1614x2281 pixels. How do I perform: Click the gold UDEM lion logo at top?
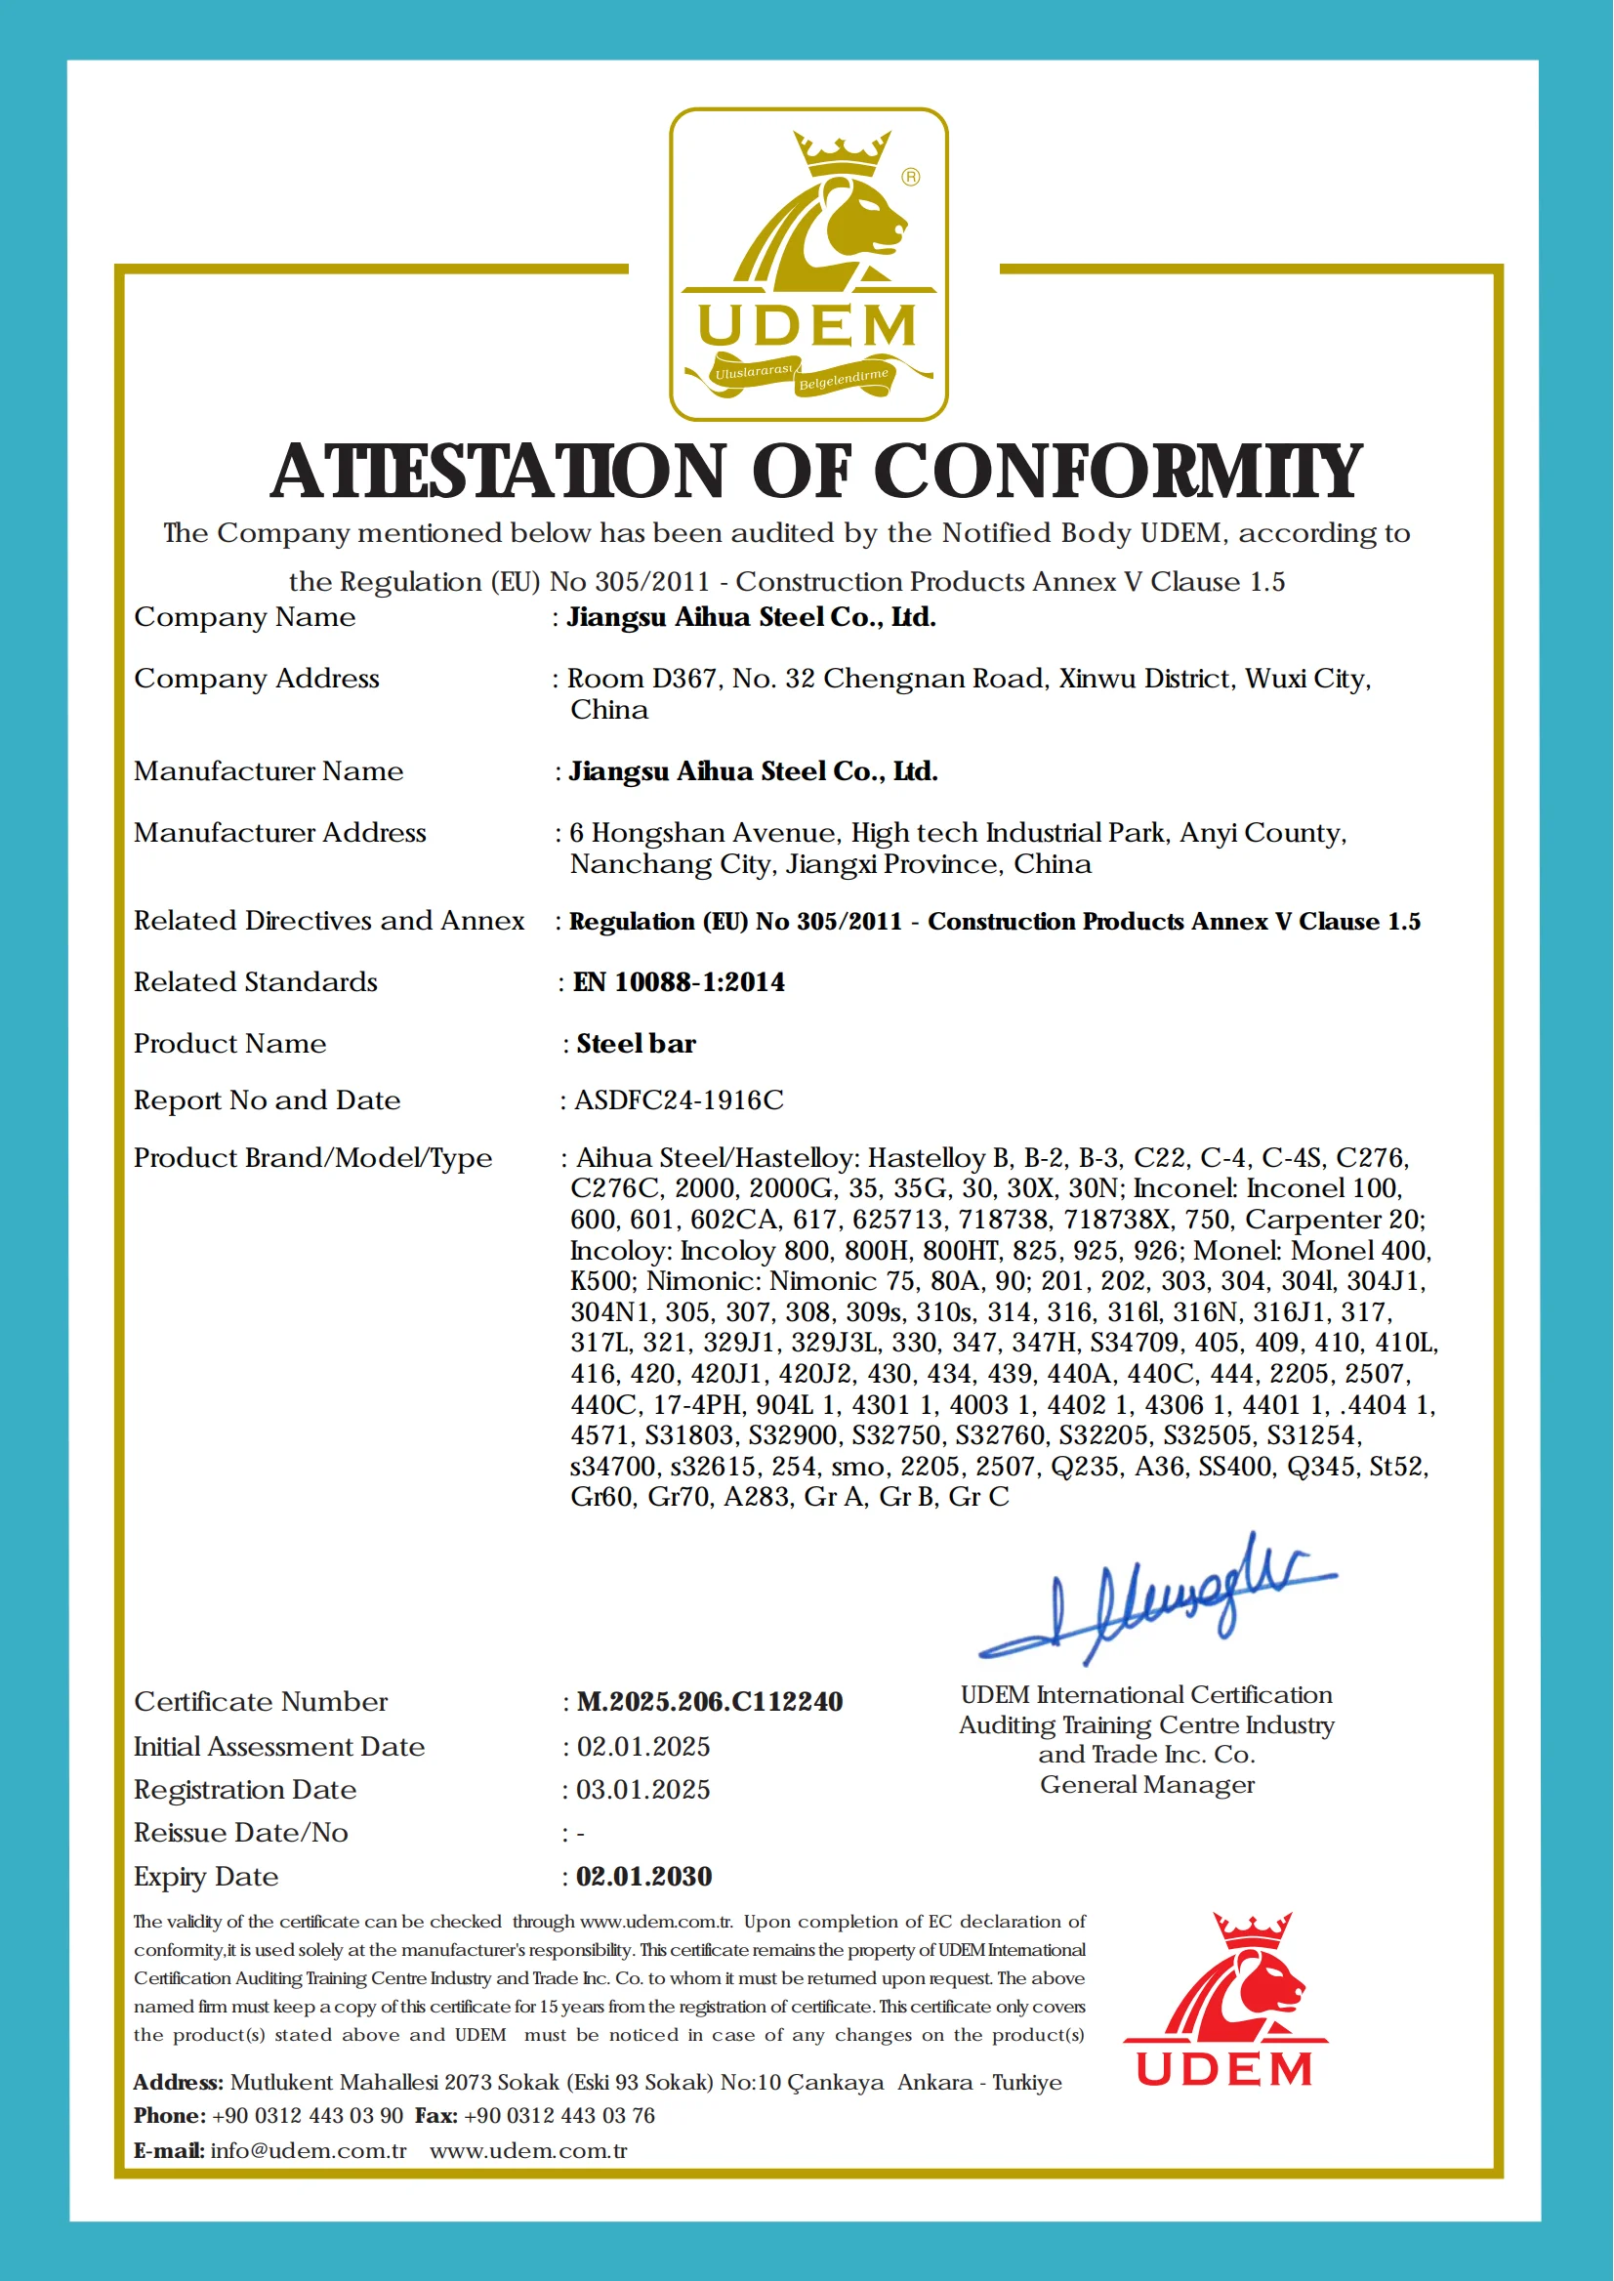tap(808, 265)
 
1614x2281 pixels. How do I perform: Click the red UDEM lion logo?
tap(1225, 2000)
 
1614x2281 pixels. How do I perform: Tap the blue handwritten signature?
tap(1158, 1599)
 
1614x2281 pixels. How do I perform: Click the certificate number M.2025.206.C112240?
tap(710, 1702)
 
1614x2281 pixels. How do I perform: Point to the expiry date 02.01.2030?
tap(644, 1877)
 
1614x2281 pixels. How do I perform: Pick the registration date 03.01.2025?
tap(643, 1789)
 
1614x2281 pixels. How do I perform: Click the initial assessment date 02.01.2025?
tap(643, 1746)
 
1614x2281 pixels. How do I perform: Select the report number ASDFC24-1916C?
tap(679, 1099)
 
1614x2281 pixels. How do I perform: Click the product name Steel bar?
tap(636, 1044)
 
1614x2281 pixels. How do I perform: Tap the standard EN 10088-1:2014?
tap(679, 982)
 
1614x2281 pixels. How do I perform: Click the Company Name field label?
tap(244, 617)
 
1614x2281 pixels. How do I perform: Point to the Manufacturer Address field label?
tap(279, 833)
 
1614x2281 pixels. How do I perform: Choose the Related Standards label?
tap(256, 982)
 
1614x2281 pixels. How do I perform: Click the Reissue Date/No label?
tap(240, 1833)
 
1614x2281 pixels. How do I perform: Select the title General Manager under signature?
tap(1147, 1785)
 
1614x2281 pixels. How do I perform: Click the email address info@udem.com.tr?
tap(309, 2151)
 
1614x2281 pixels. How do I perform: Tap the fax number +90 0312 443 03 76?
tap(559, 2115)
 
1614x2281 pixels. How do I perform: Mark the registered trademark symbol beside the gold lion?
tap(910, 177)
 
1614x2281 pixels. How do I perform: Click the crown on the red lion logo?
tap(1251, 1928)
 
